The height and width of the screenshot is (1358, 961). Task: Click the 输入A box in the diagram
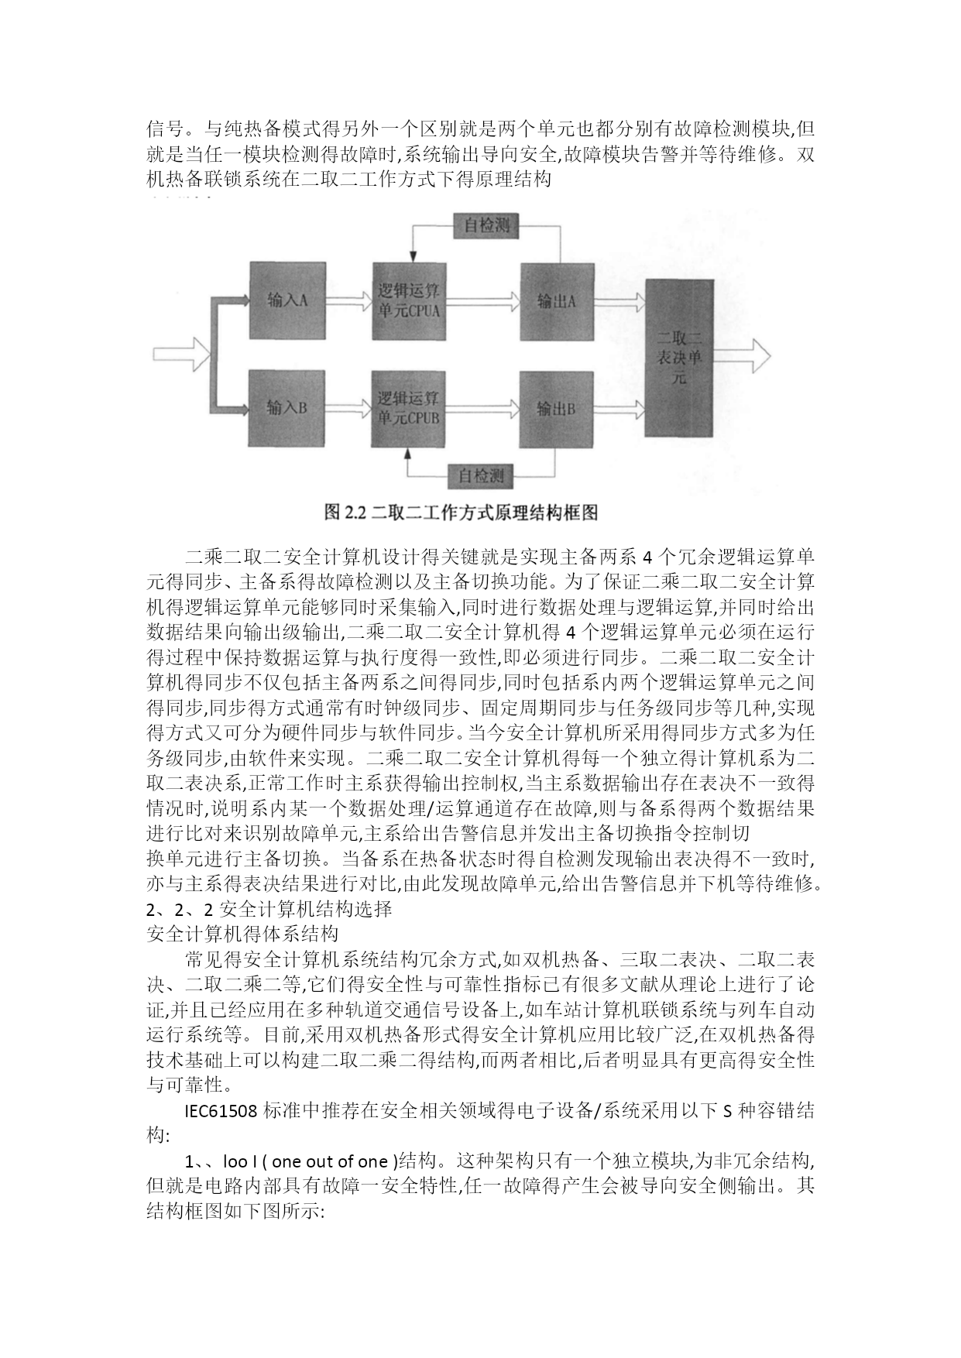click(x=286, y=300)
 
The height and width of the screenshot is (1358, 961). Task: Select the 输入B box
click(x=286, y=408)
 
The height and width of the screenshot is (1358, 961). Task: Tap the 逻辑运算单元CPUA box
click(x=408, y=300)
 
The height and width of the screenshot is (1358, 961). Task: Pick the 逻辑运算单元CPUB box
click(x=408, y=408)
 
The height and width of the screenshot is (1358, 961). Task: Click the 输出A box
click(x=556, y=300)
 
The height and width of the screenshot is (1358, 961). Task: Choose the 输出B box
click(x=556, y=408)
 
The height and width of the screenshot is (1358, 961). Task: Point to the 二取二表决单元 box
click(x=678, y=358)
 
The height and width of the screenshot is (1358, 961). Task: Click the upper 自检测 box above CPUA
click(x=486, y=226)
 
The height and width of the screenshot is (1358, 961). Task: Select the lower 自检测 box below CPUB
click(x=480, y=475)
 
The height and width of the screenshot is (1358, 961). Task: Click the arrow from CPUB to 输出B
click(x=482, y=406)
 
